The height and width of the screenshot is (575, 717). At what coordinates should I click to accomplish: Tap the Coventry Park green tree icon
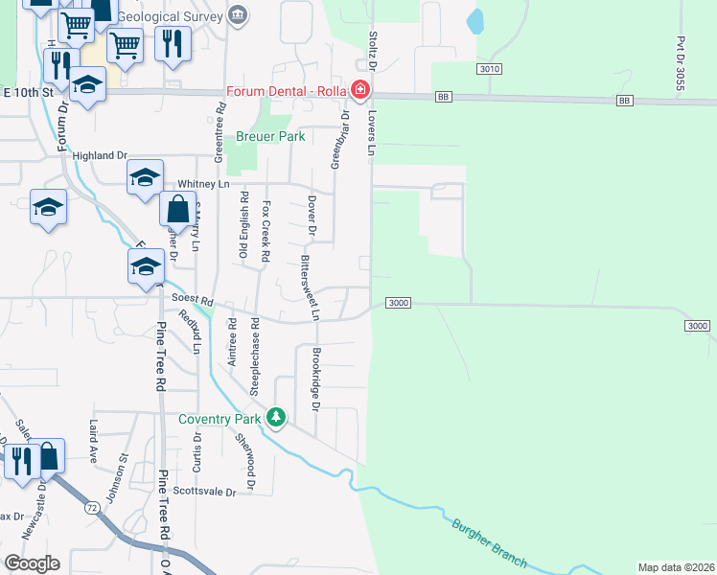(276, 417)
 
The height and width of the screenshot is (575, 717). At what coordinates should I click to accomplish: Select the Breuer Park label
(271, 137)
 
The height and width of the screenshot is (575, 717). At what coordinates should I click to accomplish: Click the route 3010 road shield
(489, 69)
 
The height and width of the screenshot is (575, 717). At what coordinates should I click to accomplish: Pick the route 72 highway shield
(92, 505)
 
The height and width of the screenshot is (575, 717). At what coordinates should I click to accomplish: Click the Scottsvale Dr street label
(204, 492)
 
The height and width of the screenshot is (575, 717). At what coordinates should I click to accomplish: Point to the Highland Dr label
(100, 155)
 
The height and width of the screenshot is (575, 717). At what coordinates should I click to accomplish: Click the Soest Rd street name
(192, 299)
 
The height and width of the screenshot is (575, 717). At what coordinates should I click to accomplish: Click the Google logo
(32, 563)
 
